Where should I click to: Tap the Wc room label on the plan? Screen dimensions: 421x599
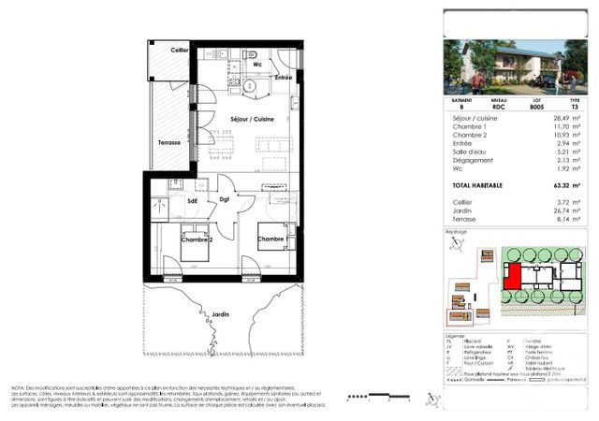click(256, 64)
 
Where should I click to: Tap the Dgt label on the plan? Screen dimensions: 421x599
click(225, 199)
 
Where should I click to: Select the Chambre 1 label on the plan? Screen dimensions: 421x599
click(271, 240)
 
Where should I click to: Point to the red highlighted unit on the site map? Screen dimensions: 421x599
click(513, 276)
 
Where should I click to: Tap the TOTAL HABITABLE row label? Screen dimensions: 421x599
click(477, 186)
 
